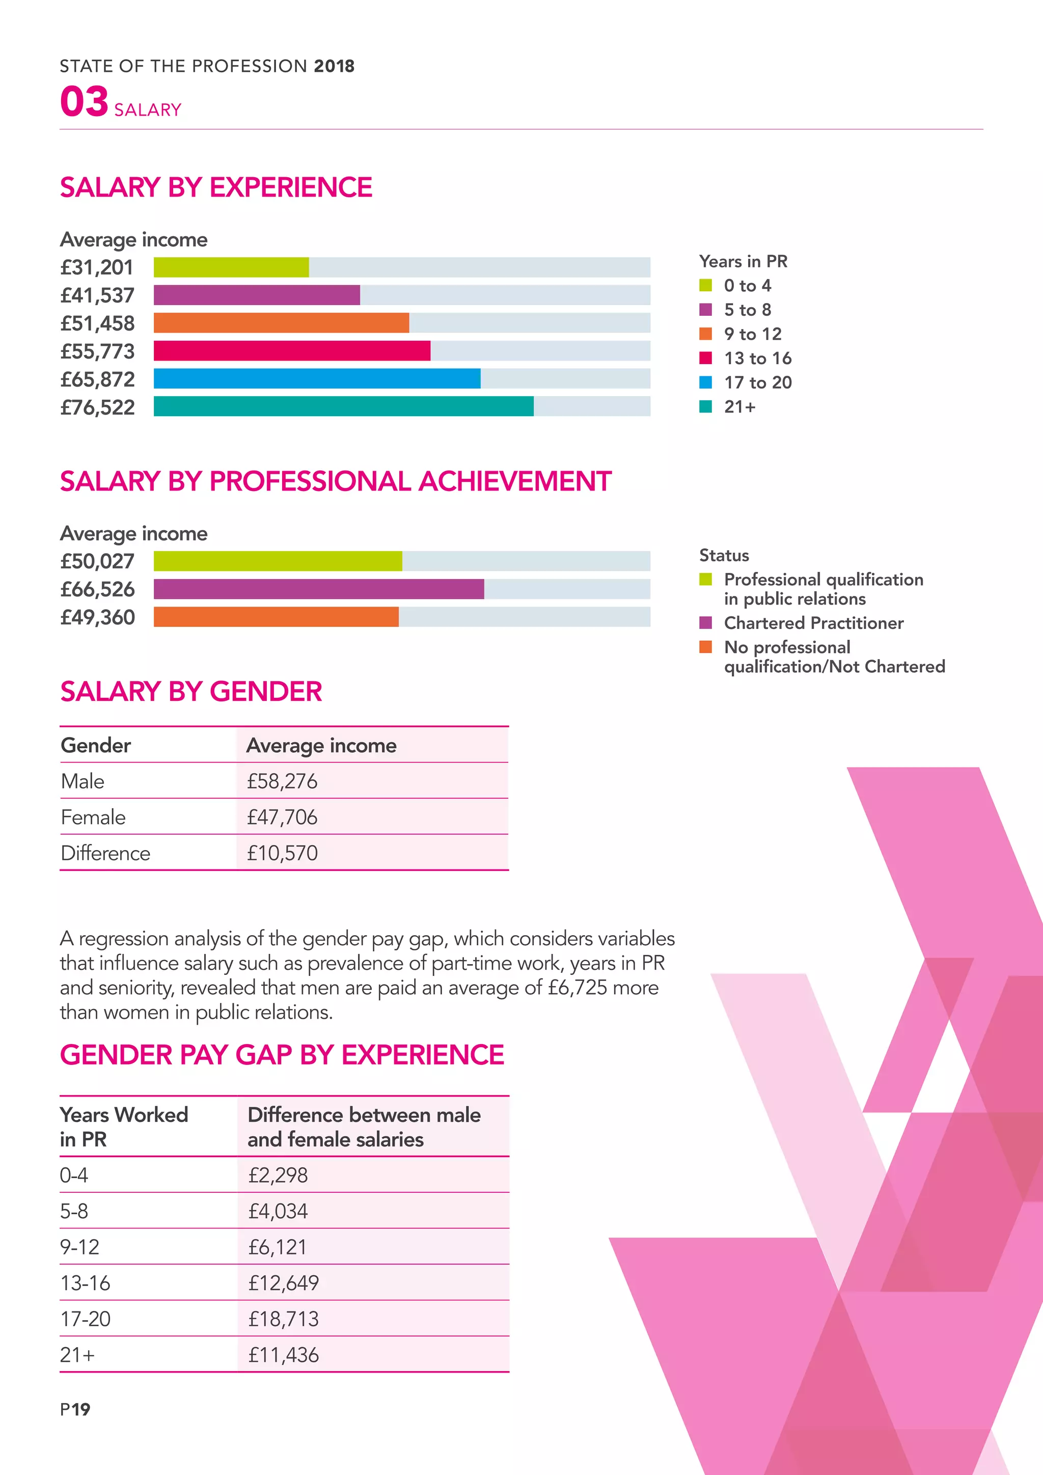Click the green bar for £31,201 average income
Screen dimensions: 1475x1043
[x=231, y=267]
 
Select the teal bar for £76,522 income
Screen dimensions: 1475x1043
[x=344, y=406]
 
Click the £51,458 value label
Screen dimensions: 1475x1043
[x=98, y=323]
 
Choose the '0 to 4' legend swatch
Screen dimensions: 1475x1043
[x=706, y=285]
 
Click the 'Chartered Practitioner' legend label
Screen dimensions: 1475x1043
[x=814, y=623]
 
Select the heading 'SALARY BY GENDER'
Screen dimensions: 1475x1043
[x=191, y=692]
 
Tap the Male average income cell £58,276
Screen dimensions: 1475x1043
[x=282, y=781]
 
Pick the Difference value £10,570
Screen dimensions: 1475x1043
[x=282, y=853]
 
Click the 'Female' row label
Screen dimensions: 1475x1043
[x=93, y=817]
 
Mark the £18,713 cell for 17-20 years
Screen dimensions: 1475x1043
[x=283, y=1319]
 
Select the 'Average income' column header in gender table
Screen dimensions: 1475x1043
[x=321, y=745]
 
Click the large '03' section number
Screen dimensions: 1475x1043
[x=84, y=101]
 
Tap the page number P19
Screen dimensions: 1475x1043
[x=75, y=1409]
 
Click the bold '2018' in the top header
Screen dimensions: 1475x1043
[x=334, y=66]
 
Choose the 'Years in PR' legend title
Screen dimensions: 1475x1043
[x=743, y=261]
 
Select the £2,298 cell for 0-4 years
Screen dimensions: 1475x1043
[x=278, y=1175]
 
